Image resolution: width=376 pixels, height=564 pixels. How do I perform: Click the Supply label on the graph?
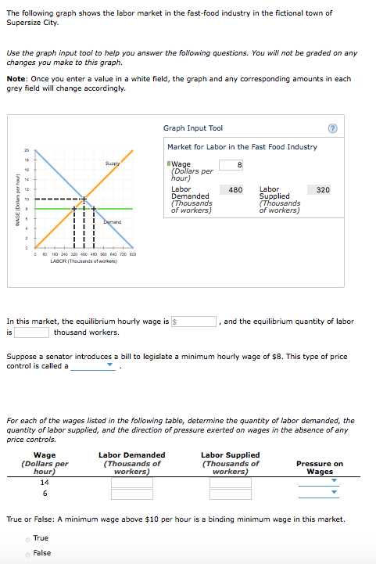click(113, 163)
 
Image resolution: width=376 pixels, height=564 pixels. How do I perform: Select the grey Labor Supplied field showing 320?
click(321, 189)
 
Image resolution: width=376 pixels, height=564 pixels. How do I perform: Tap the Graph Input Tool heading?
click(193, 128)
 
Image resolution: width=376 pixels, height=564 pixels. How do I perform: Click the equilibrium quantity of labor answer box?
click(31, 332)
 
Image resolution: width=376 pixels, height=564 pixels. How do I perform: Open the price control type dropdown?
click(93, 365)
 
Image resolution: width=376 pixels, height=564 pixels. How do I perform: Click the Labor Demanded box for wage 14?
click(131, 483)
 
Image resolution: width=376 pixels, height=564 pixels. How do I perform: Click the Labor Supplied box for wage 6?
click(230, 494)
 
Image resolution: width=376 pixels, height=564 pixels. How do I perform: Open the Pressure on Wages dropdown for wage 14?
click(319, 482)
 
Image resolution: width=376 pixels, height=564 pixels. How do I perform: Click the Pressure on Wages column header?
click(320, 468)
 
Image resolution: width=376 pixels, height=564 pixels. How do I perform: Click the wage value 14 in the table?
click(45, 483)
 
